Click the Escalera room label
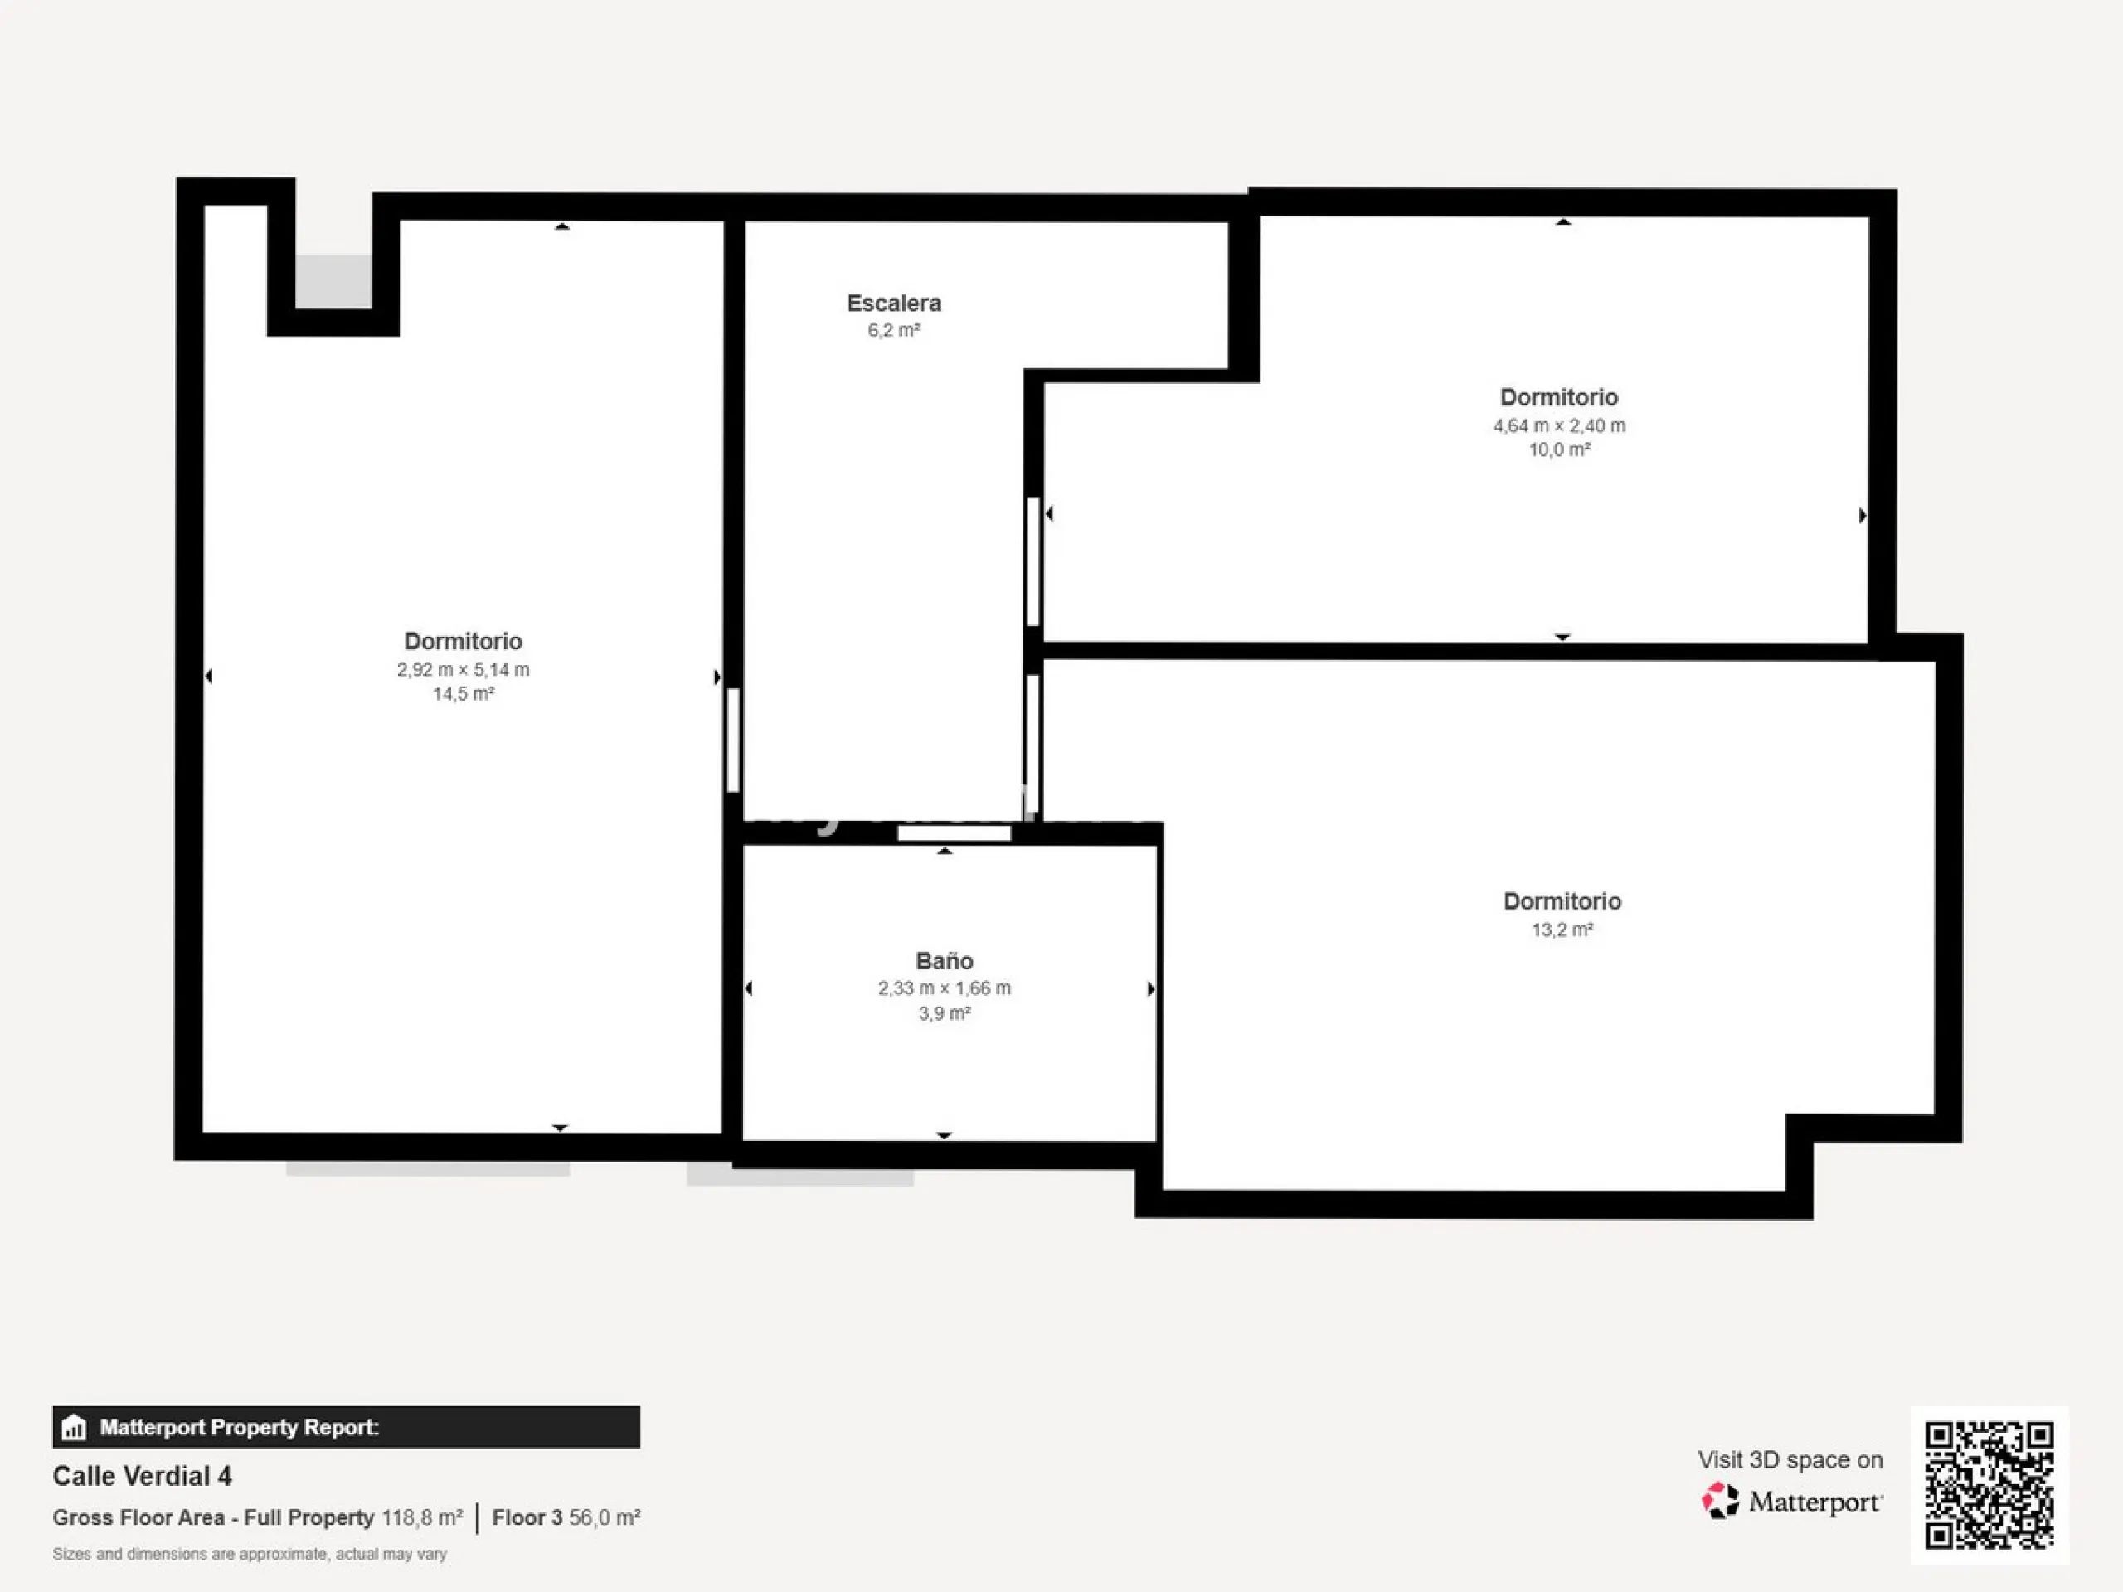[x=893, y=303]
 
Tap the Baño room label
[x=945, y=960]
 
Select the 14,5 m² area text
[x=464, y=694]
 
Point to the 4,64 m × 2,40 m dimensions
[x=1560, y=425]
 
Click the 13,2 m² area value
[x=1562, y=929]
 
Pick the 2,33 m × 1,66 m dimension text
[x=945, y=988]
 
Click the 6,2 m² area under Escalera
[x=893, y=330]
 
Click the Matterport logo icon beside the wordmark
[x=1720, y=1501]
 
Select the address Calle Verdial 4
[x=142, y=1476]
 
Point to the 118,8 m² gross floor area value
[x=422, y=1517]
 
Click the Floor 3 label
[x=527, y=1517]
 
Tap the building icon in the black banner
[x=74, y=1428]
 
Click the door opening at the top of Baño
[x=954, y=833]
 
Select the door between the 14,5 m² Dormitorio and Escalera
[x=733, y=740]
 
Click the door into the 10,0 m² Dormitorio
[x=1033, y=561]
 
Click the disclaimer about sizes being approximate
[x=250, y=1554]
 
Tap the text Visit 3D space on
[x=1790, y=1459]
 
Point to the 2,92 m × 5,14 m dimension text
[x=464, y=670]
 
